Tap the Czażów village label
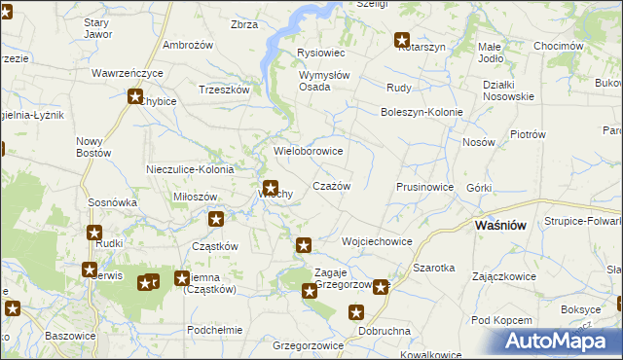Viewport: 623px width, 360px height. (x=331, y=185)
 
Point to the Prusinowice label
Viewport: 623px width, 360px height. (x=424, y=186)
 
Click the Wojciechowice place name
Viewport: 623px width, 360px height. (x=377, y=241)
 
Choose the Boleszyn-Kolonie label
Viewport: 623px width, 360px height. (x=421, y=112)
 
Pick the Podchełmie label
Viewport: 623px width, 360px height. (x=214, y=329)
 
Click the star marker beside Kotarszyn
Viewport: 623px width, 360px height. (x=401, y=40)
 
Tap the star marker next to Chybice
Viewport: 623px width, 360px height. (x=135, y=95)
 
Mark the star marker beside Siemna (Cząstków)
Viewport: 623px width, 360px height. (x=182, y=278)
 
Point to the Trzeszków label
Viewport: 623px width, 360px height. (x=225, y=89)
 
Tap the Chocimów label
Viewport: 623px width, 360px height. (x=558, y=46)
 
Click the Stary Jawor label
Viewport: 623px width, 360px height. (x=97, y=28)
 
